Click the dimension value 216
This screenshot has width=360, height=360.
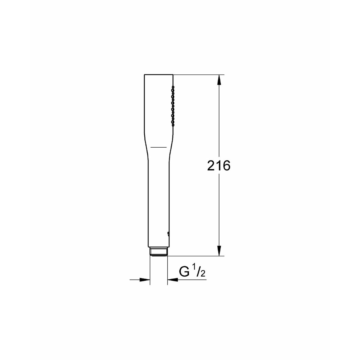218,166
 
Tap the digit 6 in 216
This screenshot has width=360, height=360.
226,166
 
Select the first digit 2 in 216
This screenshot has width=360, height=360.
211,166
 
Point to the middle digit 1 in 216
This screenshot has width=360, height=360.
219,166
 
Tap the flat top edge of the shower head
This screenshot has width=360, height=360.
159,74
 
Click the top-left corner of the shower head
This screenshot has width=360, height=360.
144,74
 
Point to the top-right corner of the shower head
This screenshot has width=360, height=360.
173,74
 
